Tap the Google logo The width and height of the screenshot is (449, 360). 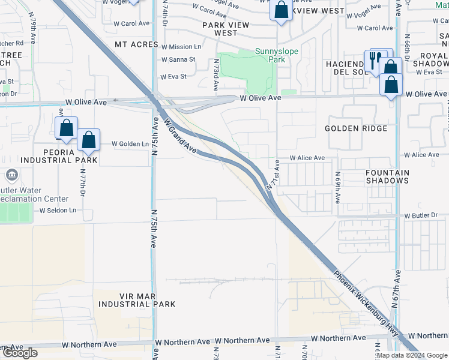pos(20,353)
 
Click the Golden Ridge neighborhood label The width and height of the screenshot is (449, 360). pos(356,128)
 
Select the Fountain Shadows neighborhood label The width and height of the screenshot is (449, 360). pos(387,176)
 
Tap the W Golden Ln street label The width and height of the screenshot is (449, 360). pos(130,144)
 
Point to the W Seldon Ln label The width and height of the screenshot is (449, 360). pos(58,211)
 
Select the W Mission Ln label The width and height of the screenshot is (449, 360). pos(181,47)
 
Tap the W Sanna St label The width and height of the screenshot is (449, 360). pos(178,60)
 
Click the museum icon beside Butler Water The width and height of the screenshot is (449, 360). pos(11,175)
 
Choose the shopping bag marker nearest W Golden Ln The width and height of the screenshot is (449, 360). pos(89,141)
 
